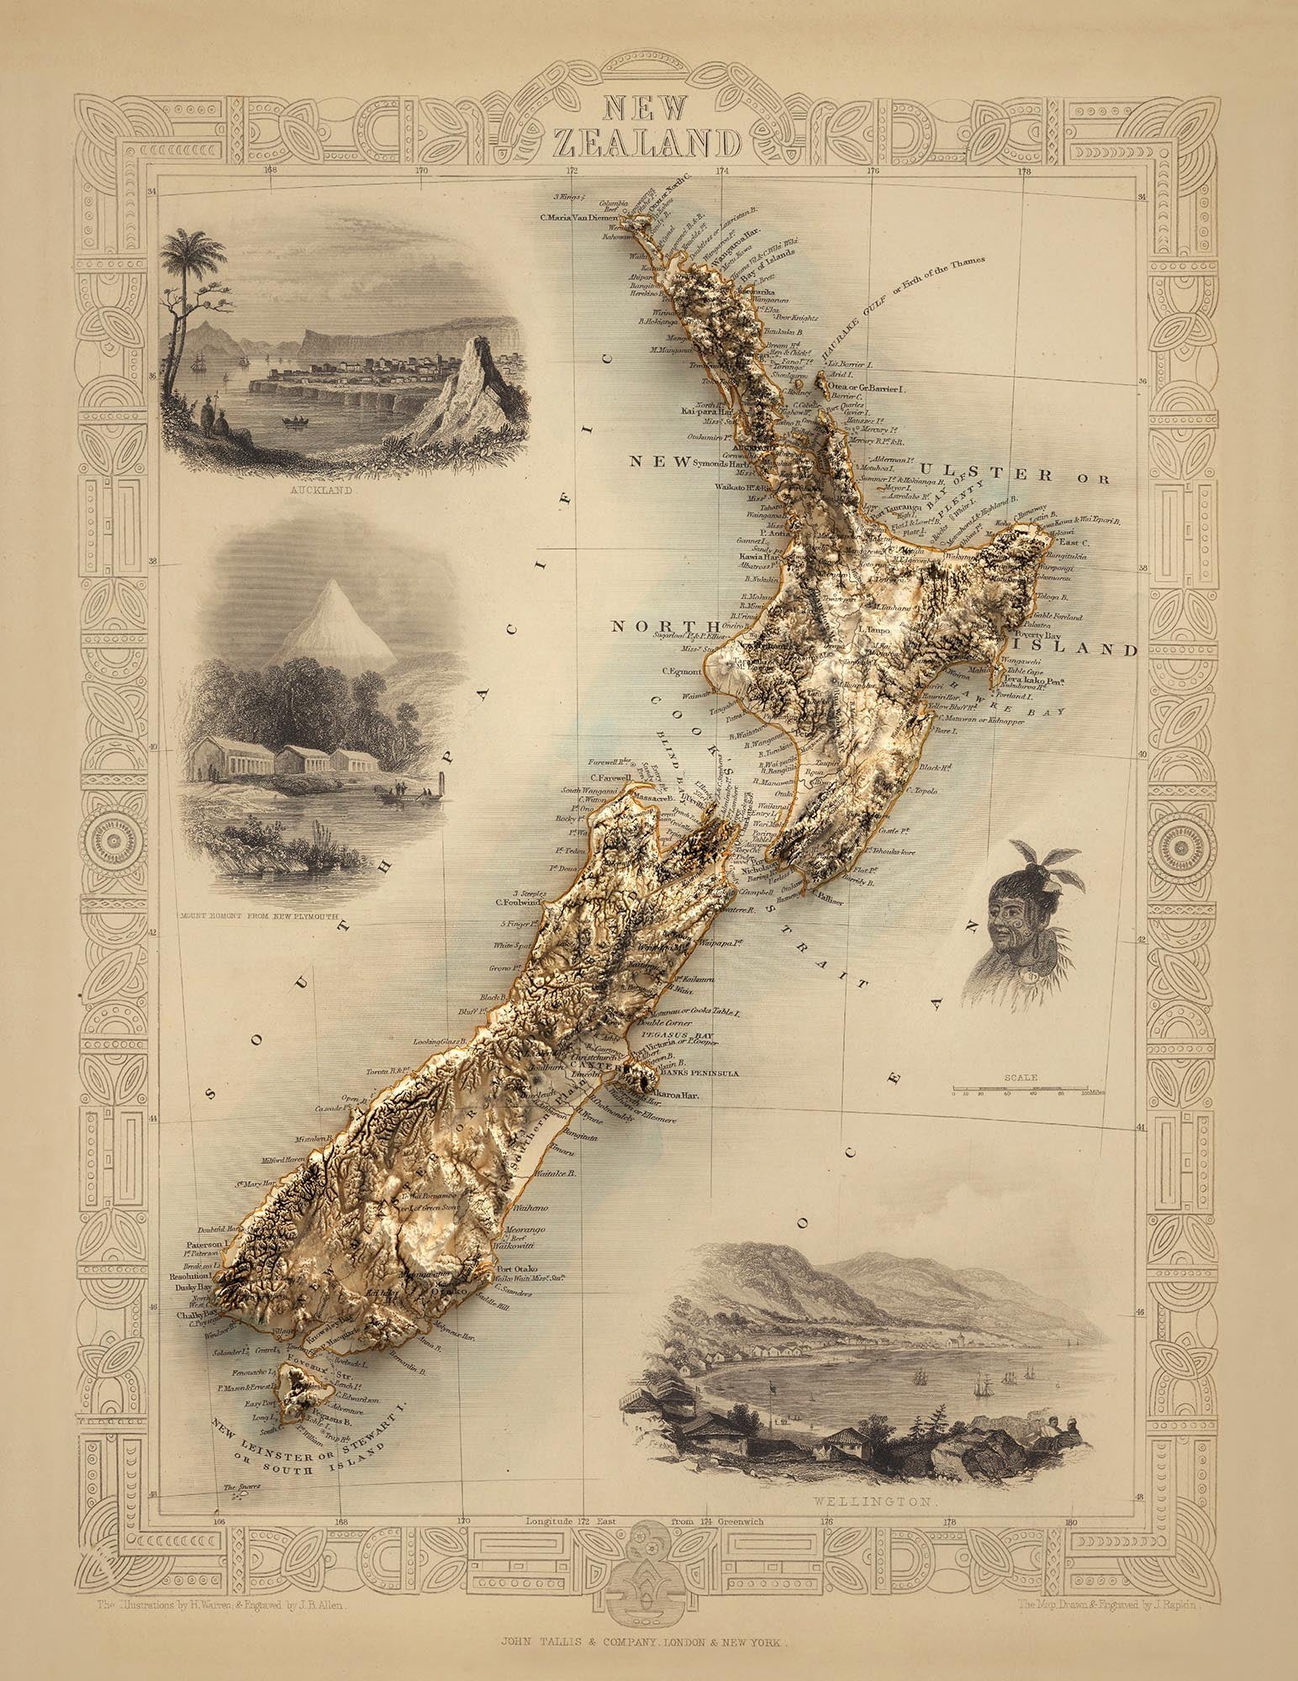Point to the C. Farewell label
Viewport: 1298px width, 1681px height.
coord(610,777)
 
